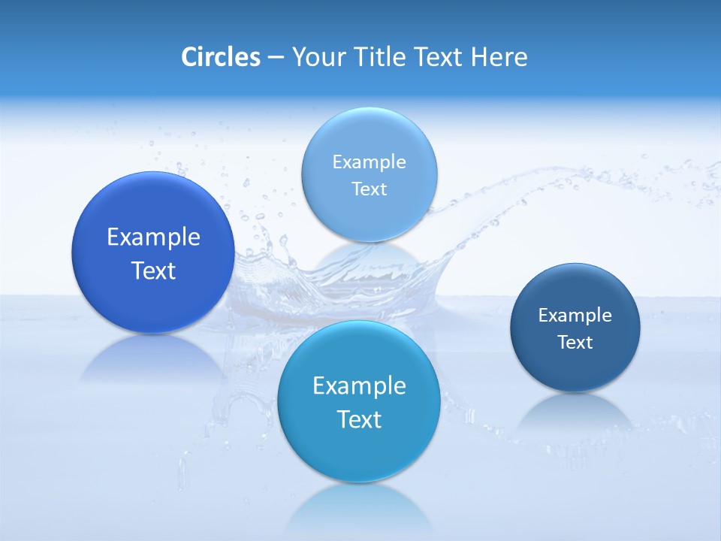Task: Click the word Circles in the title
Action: (221, 57)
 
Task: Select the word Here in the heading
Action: (499, 57)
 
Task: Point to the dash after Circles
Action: (276, 58)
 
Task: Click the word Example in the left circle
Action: (153, 237)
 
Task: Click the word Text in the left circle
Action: (153, 271)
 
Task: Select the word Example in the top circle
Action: (369, 162)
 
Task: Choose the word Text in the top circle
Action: (369, 189)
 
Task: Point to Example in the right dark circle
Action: (575, 316)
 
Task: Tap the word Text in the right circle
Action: (575, 343)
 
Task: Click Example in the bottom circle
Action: (359, 386)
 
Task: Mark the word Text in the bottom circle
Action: (359, 420)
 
